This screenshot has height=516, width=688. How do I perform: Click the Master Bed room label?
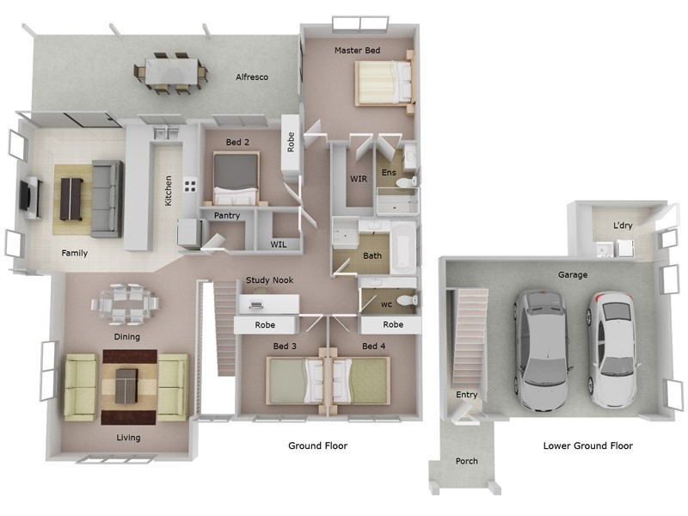(357, 51)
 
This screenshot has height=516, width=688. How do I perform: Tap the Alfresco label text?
(252, 77)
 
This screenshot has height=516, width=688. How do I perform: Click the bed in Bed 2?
(236, 175)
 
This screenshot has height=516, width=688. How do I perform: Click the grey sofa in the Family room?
(107, 198)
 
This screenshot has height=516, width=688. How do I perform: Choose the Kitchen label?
(169, 191)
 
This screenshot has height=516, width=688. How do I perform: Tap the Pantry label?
(227, 216)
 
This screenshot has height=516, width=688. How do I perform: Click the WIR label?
(359, 179)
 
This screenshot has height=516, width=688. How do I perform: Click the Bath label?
(372, 255)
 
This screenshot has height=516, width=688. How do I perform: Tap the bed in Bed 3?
(294, 380)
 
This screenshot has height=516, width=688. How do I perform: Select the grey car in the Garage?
(542, 348)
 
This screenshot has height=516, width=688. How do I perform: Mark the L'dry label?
(623, 225)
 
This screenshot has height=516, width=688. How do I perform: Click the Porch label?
(466, 462)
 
